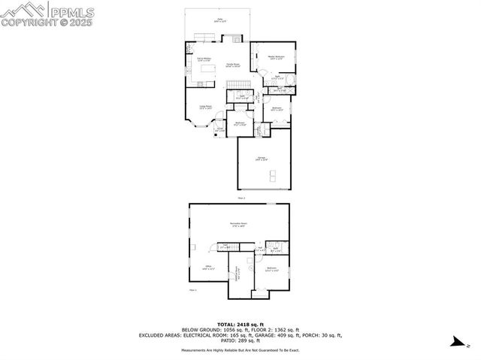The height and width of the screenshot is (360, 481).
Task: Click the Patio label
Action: (x=220, y=21)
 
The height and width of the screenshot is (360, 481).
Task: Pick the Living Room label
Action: (x=204, y=107)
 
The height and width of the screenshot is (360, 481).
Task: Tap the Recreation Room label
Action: (x=240, y=225)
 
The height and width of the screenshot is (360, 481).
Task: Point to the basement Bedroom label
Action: (x=271, y=268)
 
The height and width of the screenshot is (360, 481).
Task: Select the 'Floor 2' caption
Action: (x=241, y=198)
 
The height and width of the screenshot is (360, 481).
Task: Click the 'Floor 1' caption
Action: (x=192, y=290)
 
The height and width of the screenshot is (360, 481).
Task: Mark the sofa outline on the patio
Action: (x=205, y=38)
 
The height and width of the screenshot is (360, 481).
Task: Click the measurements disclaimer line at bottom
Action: (x=240, y=349)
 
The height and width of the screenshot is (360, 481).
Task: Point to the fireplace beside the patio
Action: (x=237, y=38)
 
